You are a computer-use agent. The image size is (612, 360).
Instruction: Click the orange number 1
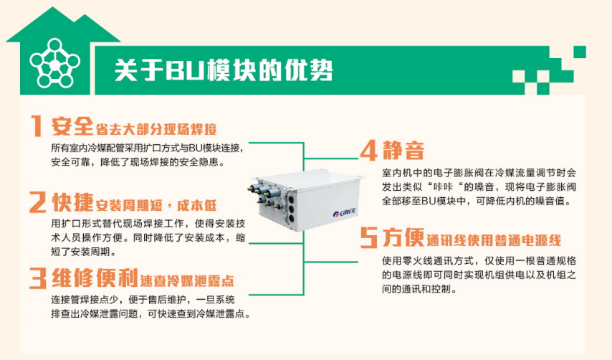click(37, 125)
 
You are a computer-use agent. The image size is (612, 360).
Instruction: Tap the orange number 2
click(38, 202)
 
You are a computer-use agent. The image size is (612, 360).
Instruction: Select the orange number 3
click(38, 278)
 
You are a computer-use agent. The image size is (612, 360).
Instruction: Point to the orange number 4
click(368, 151)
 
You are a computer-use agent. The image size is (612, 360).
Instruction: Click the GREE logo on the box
click(344, 213)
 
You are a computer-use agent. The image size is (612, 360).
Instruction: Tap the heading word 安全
click(72, 125)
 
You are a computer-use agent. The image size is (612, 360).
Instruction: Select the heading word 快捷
click(73, 202)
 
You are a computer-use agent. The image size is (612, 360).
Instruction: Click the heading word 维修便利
click(95, 278)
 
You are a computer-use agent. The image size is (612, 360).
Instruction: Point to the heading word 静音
click(403, 151)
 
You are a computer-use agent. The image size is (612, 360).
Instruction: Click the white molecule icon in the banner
click(55, 63)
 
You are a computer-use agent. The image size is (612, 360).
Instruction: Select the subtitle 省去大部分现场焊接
click(156, 129)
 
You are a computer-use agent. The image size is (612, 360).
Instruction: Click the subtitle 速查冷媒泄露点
click(187, 280)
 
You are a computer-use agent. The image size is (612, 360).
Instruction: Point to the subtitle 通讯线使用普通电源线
click(494, 240)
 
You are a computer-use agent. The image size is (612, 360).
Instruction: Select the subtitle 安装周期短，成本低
click(156, 205)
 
